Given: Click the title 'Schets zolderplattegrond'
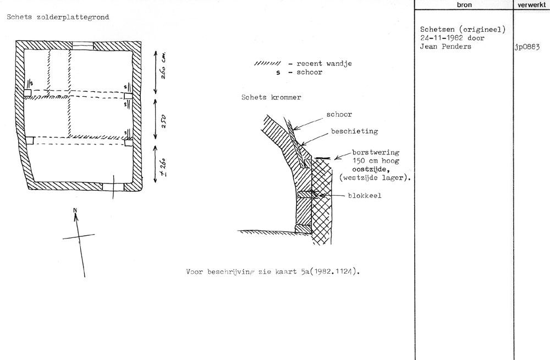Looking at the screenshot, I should (x=57, y=17).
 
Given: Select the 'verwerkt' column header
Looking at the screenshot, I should (x=531, y=5).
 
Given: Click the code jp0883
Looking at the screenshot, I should (x=527, y=46).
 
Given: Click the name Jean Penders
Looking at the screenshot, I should (x=446, y=46).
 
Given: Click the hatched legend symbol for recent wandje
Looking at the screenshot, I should (x=267, y=64).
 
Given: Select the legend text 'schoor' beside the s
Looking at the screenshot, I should (x=309, y=73).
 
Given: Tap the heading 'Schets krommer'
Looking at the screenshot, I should (x=271, y=97).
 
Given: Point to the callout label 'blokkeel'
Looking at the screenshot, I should (x=364, y=195).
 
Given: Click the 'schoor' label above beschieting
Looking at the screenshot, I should (x=339, y=114).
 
